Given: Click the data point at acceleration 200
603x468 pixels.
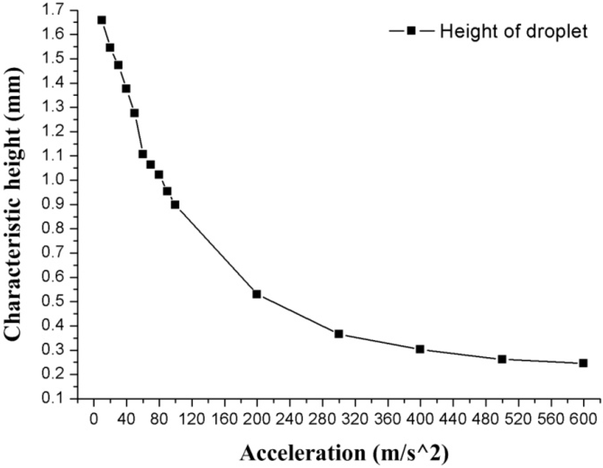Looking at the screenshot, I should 256,294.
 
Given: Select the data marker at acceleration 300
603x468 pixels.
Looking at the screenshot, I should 338,334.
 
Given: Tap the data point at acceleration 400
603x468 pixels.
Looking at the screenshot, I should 420,349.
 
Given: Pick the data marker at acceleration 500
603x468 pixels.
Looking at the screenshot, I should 502,359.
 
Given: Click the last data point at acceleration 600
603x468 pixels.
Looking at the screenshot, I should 583,363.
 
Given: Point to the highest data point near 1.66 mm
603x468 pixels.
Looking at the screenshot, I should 102,20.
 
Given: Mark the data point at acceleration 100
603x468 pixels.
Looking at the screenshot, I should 175,205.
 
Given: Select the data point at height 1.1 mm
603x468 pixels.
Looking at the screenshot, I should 143,154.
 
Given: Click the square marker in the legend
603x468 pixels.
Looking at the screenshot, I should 411,31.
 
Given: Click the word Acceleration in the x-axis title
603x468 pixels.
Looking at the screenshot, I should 302,453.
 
